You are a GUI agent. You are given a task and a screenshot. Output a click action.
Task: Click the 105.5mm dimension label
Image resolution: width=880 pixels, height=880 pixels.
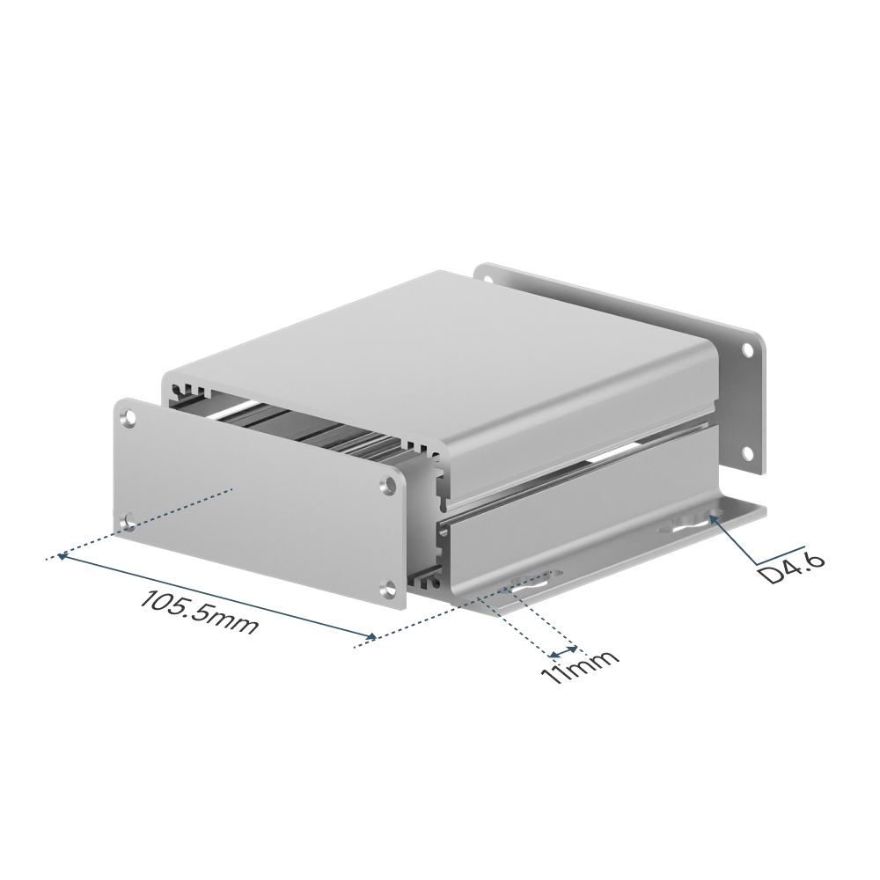tap(199, 612)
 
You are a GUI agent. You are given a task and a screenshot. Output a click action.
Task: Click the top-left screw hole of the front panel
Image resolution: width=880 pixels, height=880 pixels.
tap(130, 417)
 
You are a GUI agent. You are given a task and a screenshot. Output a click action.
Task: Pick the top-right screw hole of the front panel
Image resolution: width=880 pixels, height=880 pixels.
tap(388, 484)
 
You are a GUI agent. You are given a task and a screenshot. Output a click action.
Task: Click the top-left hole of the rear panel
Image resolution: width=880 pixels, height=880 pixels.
tap(485, 279)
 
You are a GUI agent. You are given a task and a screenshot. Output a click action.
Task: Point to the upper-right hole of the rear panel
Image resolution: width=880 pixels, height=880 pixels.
tap(747, 351)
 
